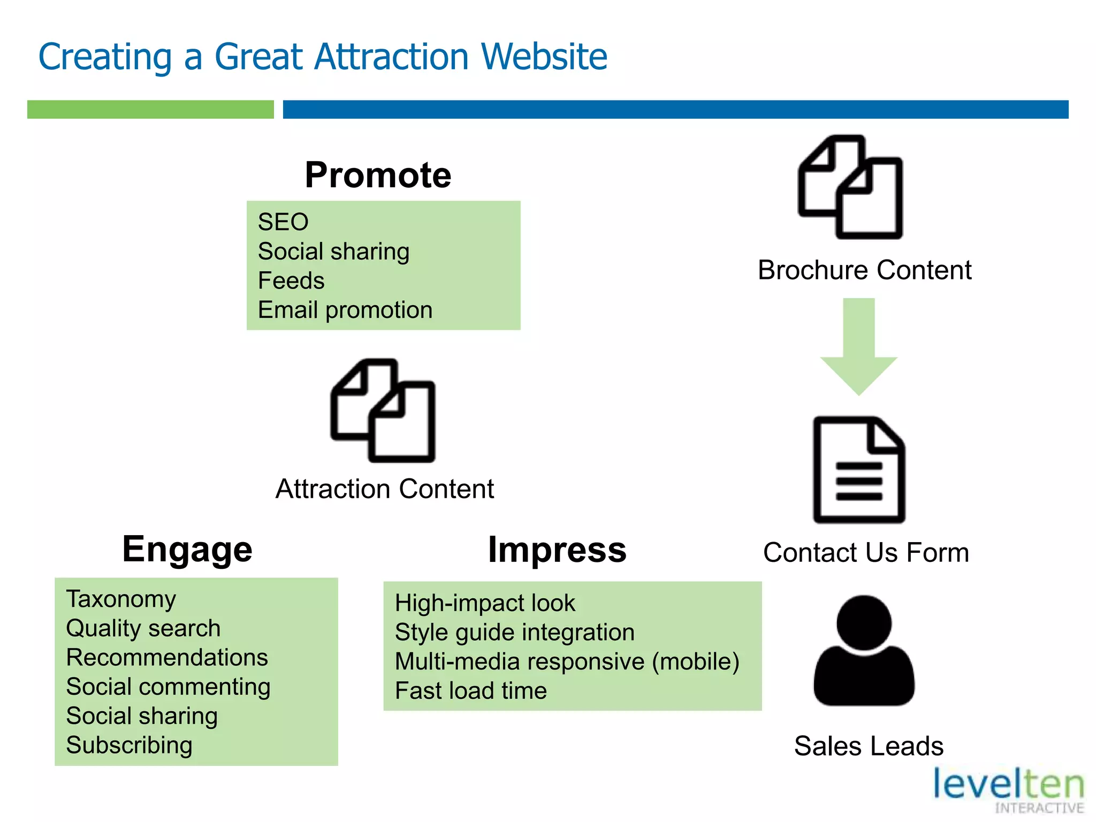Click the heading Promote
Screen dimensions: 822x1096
tap(378, 175)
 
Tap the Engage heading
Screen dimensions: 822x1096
tap(187, 550)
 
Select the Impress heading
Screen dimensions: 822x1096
tap(557, 550)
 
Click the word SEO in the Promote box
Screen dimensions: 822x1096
tap(283, 222)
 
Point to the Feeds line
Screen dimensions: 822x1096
tap(291, 280)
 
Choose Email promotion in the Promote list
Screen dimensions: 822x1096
tap(345, 310)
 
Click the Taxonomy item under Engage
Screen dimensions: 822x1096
tap(121, 599)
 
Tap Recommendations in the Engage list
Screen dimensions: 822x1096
tap(167, 657)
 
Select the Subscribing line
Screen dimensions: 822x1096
tap(129, 745)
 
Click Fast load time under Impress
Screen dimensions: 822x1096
tap(471, 690)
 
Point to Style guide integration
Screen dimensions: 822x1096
tap(514, 632)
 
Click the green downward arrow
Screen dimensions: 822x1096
tap(858, 348)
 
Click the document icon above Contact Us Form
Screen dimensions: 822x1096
tap(859, 469)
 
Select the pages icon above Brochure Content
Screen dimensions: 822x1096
tap(850, 187)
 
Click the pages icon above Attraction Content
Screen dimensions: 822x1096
tap(383, 410)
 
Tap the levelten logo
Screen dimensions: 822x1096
tap(1009, 790)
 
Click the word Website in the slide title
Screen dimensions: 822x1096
tap(544, 57)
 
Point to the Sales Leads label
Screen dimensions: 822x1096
tap(869, 746)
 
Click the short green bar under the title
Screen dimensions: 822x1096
tap(150, 109)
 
